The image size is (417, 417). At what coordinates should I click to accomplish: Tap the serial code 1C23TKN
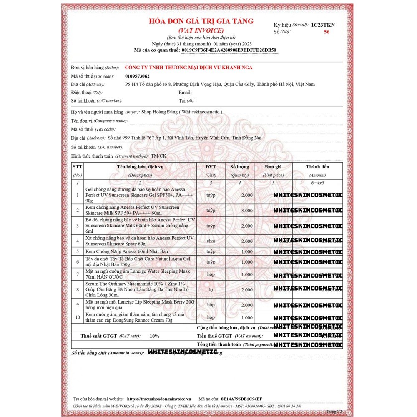click(323, 25)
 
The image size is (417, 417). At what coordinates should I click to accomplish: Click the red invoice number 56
click(327, 31)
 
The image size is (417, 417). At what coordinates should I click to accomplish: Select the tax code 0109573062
click(137, 76)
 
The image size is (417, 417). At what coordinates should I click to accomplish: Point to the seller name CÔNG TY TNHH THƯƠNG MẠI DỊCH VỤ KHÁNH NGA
click(188, 68)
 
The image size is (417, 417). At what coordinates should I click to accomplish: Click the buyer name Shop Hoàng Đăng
click(182, 112)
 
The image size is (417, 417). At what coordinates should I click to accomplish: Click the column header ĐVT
click(211, 167)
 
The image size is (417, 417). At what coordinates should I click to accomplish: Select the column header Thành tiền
click(318, 167)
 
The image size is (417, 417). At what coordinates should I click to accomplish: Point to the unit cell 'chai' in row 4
click(211, 241)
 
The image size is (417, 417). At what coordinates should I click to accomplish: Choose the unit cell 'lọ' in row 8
click(211, 289)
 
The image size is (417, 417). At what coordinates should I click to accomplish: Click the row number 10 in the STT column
click(77, 318)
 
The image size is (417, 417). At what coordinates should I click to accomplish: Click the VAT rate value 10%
click(154, 336)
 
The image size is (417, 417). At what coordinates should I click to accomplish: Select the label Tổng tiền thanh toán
click(219, 345)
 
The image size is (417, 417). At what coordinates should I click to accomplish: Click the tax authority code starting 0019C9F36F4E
click(229, 50)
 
